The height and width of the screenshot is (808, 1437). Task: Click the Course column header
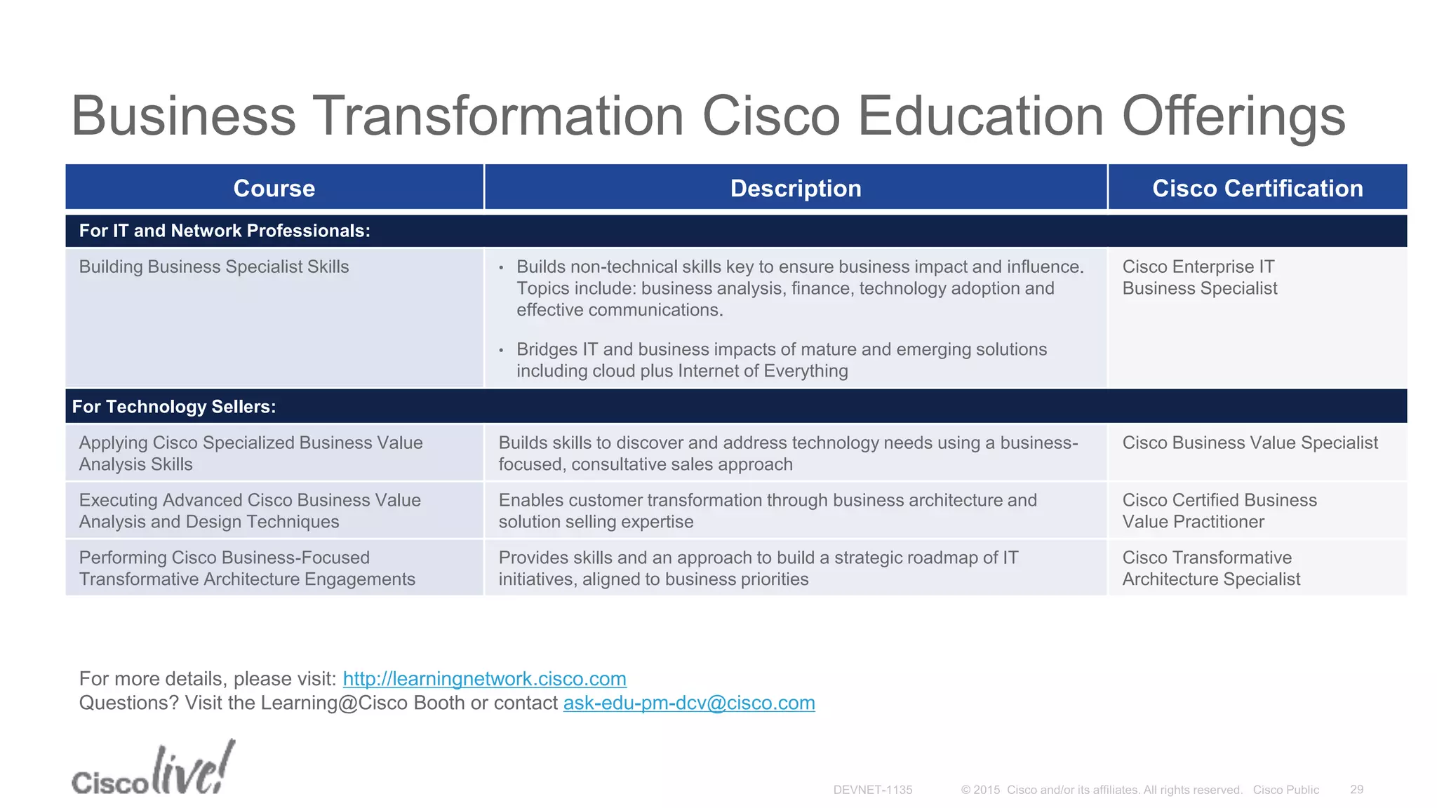(x=274, y=188)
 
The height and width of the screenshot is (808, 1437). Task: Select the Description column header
(x=795, y=188)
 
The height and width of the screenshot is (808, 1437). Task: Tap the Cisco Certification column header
(x=1257, y=188)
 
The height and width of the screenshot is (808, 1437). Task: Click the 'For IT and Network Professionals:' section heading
(x=225, y=231)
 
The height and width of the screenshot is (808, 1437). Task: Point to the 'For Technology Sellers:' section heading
(x=174, y=407)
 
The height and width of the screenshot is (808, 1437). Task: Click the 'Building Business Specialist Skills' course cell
(x=214, y=267)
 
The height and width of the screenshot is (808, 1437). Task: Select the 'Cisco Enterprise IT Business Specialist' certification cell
(x=1199, y=278)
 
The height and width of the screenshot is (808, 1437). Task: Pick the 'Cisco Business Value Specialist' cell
(x=1250, y=443)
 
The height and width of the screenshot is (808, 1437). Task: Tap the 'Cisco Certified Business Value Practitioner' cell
(x=1219, y=511)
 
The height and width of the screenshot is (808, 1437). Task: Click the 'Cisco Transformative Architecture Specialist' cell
(x=1211, y=568)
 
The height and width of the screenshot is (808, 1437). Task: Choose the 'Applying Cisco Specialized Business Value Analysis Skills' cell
(x=250, y=453)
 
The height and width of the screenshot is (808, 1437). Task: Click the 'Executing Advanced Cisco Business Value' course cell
(x=250, y=511)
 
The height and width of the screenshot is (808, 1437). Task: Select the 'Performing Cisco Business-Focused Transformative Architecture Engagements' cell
(x=247, y=568)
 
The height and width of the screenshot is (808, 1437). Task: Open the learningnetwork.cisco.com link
(x=484, y=679)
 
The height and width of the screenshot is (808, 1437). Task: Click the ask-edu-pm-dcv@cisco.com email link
(x=689, y=703)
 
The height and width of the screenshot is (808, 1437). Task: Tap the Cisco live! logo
(x=153, y=769)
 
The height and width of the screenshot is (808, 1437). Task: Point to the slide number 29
(x=1356, y=790)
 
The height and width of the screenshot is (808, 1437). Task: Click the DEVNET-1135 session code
(x=872, y=790)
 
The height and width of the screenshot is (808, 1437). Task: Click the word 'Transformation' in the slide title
(x=498, y=116)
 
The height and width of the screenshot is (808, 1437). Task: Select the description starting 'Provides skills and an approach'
(x=758, y=568)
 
